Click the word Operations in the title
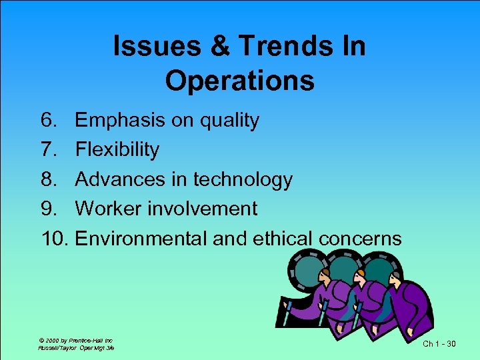click(x=240, y=81)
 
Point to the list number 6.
click(x=49, y=121)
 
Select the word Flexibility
click(x=117, y=150)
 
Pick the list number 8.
click(x=49, y=179)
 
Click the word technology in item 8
click(x=243, y=179)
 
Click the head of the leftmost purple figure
click(x=325, y=275)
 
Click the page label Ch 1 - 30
click(x=440, y=343)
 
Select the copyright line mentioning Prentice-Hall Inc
click(x=75, y=339)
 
